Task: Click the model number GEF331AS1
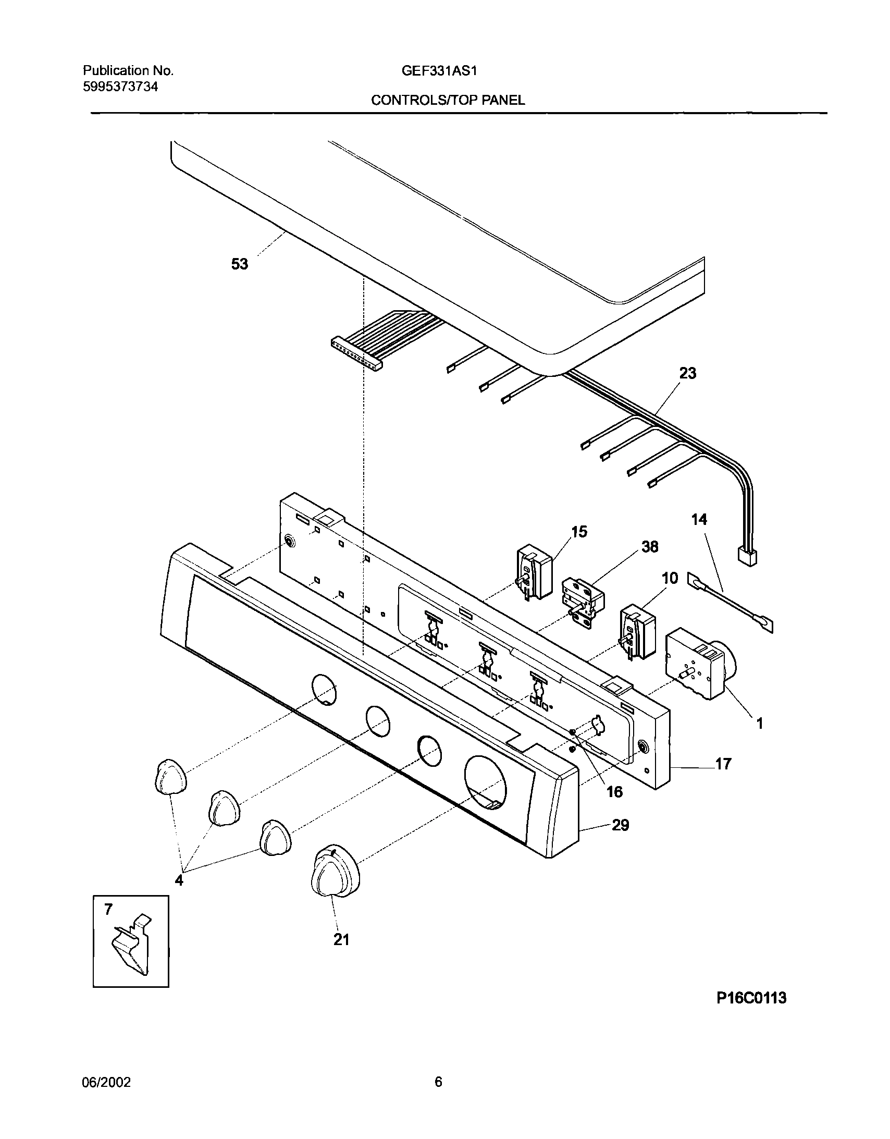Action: pos(439,71)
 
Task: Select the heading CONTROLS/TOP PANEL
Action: pos(448,101)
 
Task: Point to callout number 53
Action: pos(240,264)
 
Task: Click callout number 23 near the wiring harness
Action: pos(687,373)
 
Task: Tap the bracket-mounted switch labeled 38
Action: pos(582,602)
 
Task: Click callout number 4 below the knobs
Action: pos(179,881)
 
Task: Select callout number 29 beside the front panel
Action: pos(620,825)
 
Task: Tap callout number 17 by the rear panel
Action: pos(723,764)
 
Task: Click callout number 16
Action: pos(614,792)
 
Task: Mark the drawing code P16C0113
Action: pos(751,998)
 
